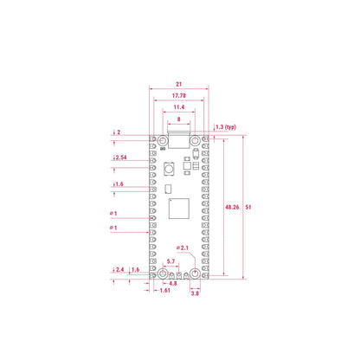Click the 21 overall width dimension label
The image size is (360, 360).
[x=179, y=84]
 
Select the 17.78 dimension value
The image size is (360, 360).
[x=179, y=95]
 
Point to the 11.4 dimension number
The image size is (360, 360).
[x=179, y=107]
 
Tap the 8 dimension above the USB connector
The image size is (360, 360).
[x=179, y=119]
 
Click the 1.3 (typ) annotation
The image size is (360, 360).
[x=226, y=127]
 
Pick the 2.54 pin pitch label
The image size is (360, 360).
[x=121, y=157]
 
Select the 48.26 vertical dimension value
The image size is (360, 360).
[x=232, y=207]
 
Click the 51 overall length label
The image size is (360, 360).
[x=248, y=207]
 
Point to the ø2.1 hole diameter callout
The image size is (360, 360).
[x=183, y=247]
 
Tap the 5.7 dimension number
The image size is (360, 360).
[x=170, y=261]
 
